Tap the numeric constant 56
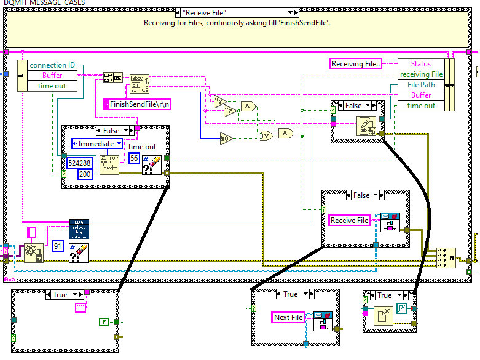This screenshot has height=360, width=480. click(x=134, y=158)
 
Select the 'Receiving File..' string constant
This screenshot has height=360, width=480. click(x=356, y=64)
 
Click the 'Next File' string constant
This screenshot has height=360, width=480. click(x=288, y=318)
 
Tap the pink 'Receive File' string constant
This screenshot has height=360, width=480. click(x=350, y=221)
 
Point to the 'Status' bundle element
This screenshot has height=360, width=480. click(x=421, y=64)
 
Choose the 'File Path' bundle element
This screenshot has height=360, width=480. click(x=421, y=85)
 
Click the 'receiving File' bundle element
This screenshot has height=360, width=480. click(x=421, y=74)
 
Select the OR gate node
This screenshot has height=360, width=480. click(x=267, y=136)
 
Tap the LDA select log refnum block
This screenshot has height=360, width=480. click(x=79, y=229)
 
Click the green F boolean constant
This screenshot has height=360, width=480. click(x=103, y=321)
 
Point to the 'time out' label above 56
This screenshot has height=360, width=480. click(x=142, y=147)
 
